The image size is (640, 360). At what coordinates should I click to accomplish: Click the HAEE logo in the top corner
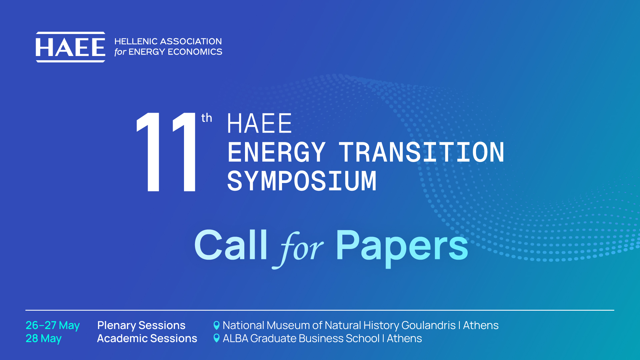[x=70, y=47]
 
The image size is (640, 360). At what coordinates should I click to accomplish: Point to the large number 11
[x=166, y=152]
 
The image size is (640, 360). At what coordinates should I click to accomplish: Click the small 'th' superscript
[x=207, y=118]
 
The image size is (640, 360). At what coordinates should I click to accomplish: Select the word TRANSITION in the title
[x=422, y=152]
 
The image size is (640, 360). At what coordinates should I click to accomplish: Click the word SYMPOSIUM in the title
[x=302, y=181]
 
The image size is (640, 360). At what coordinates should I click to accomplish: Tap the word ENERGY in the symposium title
[x=276, y=152]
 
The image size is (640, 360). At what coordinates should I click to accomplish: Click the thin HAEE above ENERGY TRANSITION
[x=260, y=123]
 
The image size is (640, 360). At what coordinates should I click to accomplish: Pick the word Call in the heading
[x=231, y=245]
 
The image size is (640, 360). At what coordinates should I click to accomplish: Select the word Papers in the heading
[x=402, y=248]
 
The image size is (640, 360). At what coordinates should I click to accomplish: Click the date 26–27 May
[x=53, y=326]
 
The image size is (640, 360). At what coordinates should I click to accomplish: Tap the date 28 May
[x=44, y=339]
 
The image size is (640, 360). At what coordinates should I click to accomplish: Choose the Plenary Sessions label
[x=141, y=325]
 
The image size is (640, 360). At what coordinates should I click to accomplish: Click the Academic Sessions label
[x=147, y=338]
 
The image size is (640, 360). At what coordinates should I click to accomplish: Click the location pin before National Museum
[x=216, y=325]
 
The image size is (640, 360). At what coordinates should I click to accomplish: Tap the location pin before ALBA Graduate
[x=216, y=338]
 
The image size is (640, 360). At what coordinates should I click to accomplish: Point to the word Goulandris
[x=428, y=325]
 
